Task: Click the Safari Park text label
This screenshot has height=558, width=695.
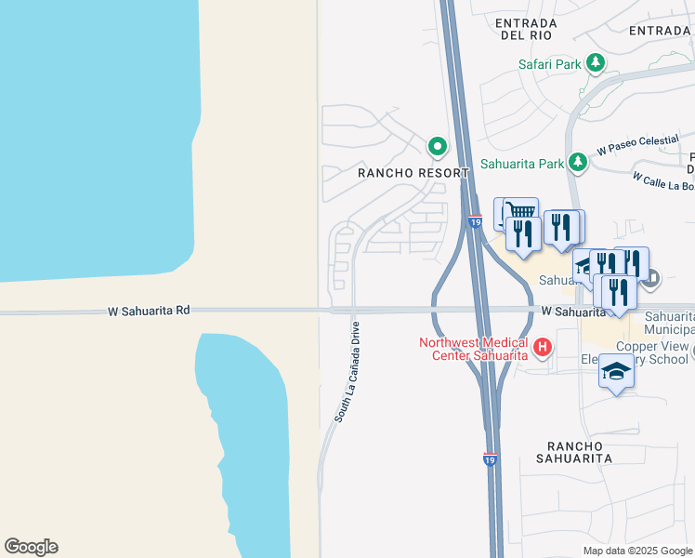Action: pos(549,64)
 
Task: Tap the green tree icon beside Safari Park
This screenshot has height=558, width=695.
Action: pos(595,64)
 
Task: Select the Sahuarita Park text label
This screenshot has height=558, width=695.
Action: pos(522,164)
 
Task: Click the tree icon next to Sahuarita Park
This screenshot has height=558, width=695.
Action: pos(578,163)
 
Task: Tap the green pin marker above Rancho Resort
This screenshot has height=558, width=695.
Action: pos(437,147)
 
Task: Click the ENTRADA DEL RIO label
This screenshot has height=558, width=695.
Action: pos(526,28)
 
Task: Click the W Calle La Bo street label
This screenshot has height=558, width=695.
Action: pos(662,179)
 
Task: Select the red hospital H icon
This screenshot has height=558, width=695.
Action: pos(542,350)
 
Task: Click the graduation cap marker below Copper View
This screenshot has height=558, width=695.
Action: pos(616,371)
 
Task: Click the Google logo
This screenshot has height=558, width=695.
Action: pos(31,547)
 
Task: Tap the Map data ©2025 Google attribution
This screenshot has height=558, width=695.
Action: pos(637,551)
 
